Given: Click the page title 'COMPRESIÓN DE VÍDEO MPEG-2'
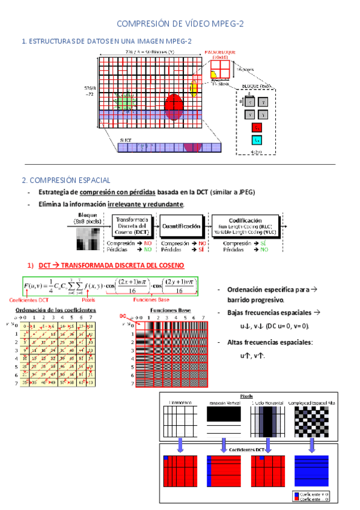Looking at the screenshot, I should coord(180,23).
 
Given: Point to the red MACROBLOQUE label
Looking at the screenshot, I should coord(222,55).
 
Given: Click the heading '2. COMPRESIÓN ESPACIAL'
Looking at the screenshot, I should coord(66,180).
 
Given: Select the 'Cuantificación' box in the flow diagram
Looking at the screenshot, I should coord(180,226).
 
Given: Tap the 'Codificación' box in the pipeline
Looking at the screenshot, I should coord(245,225).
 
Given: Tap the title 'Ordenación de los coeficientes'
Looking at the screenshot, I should coord(56,310).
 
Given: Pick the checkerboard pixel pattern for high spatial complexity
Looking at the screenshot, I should coord(311,420).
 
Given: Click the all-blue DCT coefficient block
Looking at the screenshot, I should coord(311,470).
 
